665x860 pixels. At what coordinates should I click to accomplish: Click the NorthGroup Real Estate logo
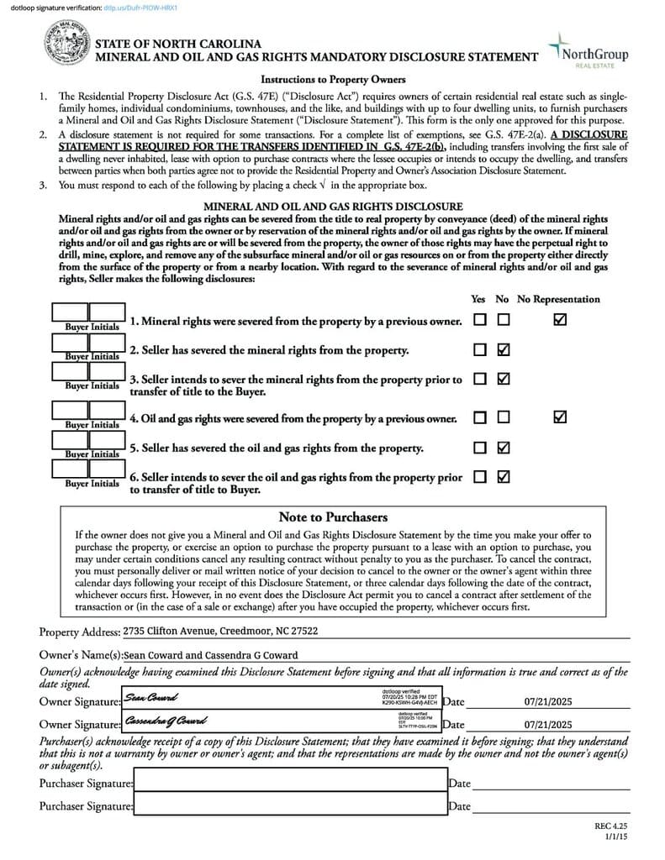pos(588,50)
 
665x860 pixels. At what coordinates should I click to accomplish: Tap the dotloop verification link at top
pos(138,7)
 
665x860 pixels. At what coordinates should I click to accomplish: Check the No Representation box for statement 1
pos(560,320)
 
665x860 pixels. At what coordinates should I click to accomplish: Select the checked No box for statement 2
pos(504,349)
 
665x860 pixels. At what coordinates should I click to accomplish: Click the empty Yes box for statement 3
pos(480,379)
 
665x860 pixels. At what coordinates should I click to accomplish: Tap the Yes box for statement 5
pos(480,447)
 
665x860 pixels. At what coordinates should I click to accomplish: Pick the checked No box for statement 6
pos(504,476)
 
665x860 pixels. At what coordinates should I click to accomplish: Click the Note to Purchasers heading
pos(333,517)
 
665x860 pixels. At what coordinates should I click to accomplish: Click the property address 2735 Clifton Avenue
pos(220,631)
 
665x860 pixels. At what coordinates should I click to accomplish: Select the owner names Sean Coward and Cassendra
pos(210,655)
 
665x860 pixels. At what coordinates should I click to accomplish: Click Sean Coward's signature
pos(152,697)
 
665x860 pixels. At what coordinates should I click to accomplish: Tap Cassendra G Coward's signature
pos(165,721)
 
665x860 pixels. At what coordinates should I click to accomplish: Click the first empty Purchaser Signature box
pos(290,782)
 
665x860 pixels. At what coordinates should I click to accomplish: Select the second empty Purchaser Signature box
pos(290,805)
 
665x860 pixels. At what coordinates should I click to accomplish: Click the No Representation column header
pos(558,299)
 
